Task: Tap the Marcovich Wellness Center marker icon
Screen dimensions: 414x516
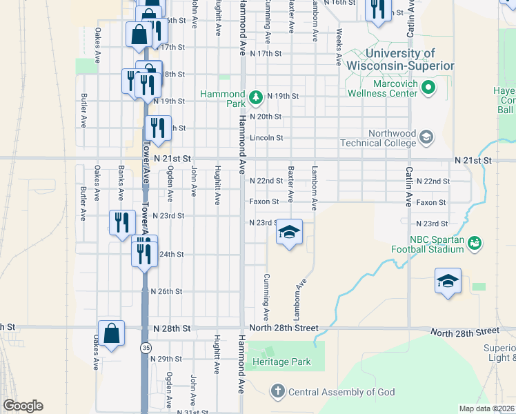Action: tap(428, 88)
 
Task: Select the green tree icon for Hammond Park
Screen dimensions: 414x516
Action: tap(256, 97)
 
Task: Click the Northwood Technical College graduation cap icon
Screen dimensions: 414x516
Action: tap(426, 138)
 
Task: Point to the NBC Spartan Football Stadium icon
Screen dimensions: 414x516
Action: tap(474, 243)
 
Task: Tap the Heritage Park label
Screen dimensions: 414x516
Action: tap(281, 362)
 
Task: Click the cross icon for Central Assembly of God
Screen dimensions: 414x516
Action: tap(277, 392)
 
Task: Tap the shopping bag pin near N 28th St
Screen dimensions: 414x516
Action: tap(111, 334)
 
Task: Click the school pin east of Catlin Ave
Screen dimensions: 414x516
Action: tap(448, 281)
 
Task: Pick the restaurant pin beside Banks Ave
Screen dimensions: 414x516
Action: tap(122, 223)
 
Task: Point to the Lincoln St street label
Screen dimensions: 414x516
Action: tap(266, 138)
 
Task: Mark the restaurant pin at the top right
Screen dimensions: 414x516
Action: tap(377, 10)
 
